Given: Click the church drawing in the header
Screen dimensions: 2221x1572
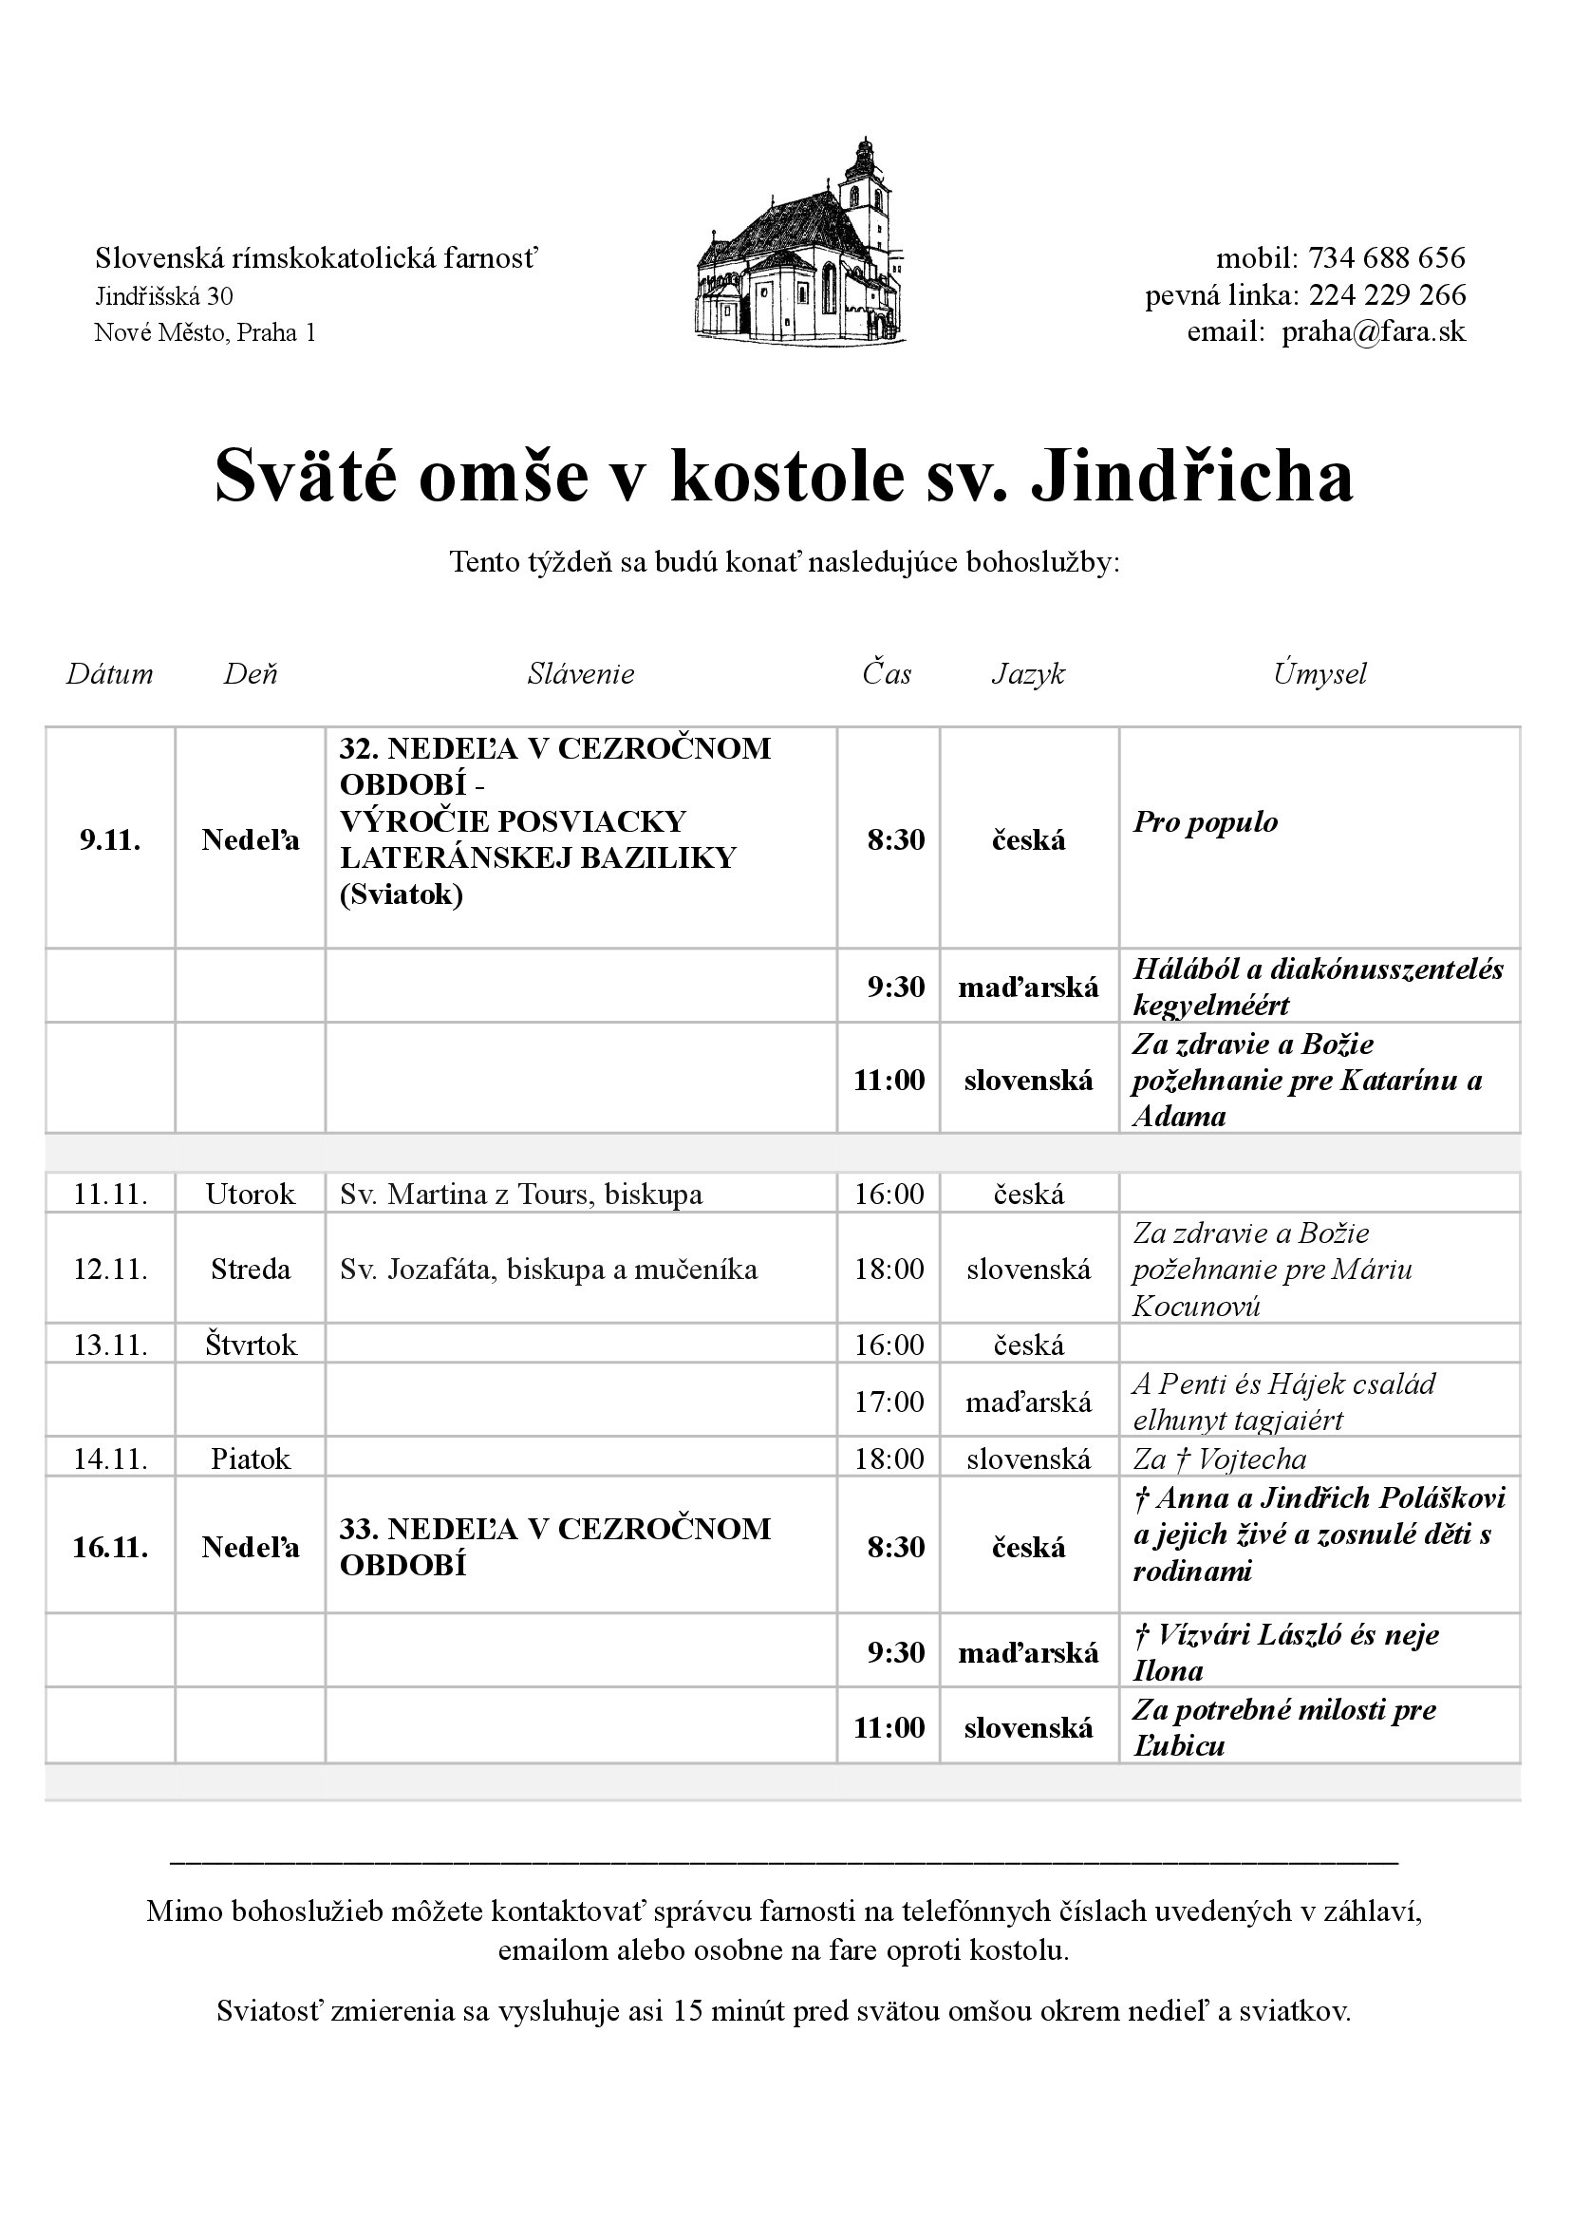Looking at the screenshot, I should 801,242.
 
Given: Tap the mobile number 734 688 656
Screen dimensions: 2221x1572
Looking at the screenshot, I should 1386,258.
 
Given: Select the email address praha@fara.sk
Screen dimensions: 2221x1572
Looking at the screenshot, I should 1374,332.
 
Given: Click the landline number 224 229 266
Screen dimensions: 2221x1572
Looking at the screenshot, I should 1386,295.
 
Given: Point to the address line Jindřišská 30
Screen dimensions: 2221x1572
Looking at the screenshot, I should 163,295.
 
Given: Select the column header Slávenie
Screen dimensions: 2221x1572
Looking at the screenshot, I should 581,674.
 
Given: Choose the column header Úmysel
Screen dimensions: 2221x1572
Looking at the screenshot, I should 1319,674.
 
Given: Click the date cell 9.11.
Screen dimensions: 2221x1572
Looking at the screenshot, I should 110,840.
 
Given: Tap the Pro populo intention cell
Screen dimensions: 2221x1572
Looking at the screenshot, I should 1206,823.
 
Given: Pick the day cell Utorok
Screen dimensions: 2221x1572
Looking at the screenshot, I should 251,1194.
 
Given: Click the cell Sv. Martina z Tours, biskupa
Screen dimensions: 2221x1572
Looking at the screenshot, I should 521,1194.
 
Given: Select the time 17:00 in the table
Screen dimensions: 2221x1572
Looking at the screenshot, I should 889,1401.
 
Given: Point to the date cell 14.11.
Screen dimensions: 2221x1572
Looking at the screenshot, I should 110,1459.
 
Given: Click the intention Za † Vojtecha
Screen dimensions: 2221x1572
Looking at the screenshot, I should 1220,1459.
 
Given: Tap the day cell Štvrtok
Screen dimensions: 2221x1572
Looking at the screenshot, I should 251,1345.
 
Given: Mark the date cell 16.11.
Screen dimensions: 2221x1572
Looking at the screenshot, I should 110,1547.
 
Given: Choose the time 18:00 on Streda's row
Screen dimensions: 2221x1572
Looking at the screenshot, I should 889,1270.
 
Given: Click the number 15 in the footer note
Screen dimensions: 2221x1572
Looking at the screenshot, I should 687,2012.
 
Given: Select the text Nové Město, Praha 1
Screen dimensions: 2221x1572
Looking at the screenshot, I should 205,333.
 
